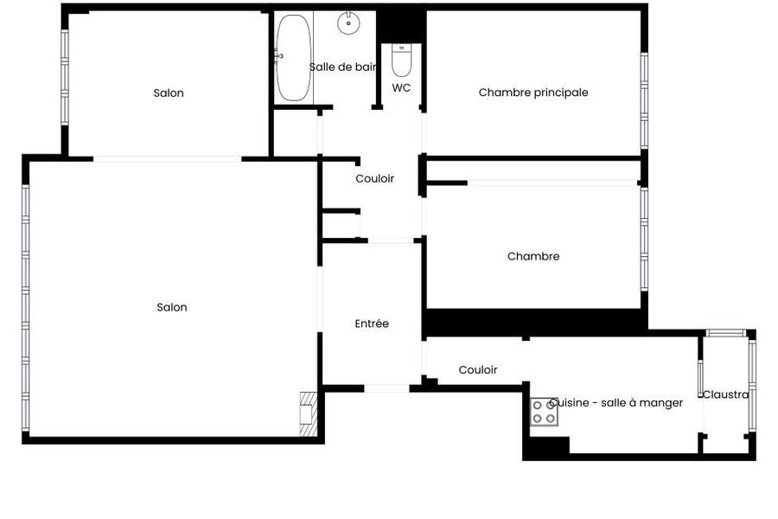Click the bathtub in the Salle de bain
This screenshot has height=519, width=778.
tap(293, 58)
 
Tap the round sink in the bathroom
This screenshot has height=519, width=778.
tap(349, 22)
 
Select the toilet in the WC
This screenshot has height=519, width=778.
tap(401, 60)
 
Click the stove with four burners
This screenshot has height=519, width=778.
tap(544, 412)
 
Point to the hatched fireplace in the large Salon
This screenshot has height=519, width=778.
tap(309, 414)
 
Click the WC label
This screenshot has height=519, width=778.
tap(401, 88)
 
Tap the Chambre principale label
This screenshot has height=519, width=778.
tap(533, 93)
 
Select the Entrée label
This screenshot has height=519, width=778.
tap(372, 324)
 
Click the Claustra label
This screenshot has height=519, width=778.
tap(726, 394)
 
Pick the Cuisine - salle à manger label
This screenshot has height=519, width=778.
tap(616, 403)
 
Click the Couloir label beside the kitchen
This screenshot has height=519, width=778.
tap(478, 370)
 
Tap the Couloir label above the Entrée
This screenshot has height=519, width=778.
tap(374, 179)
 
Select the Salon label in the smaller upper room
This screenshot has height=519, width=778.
tap(169, 93)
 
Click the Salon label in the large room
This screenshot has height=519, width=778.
tap(172, 307)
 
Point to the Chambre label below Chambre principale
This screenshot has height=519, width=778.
tap(533, 257)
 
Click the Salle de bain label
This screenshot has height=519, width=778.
tap(343, 67)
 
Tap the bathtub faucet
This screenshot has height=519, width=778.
tap(278, 56)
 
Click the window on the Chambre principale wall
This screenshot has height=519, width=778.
tap(644, 101)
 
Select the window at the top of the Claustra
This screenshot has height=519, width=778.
tap(726, 333)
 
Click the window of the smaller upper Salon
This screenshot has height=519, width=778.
tap(65, 77)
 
